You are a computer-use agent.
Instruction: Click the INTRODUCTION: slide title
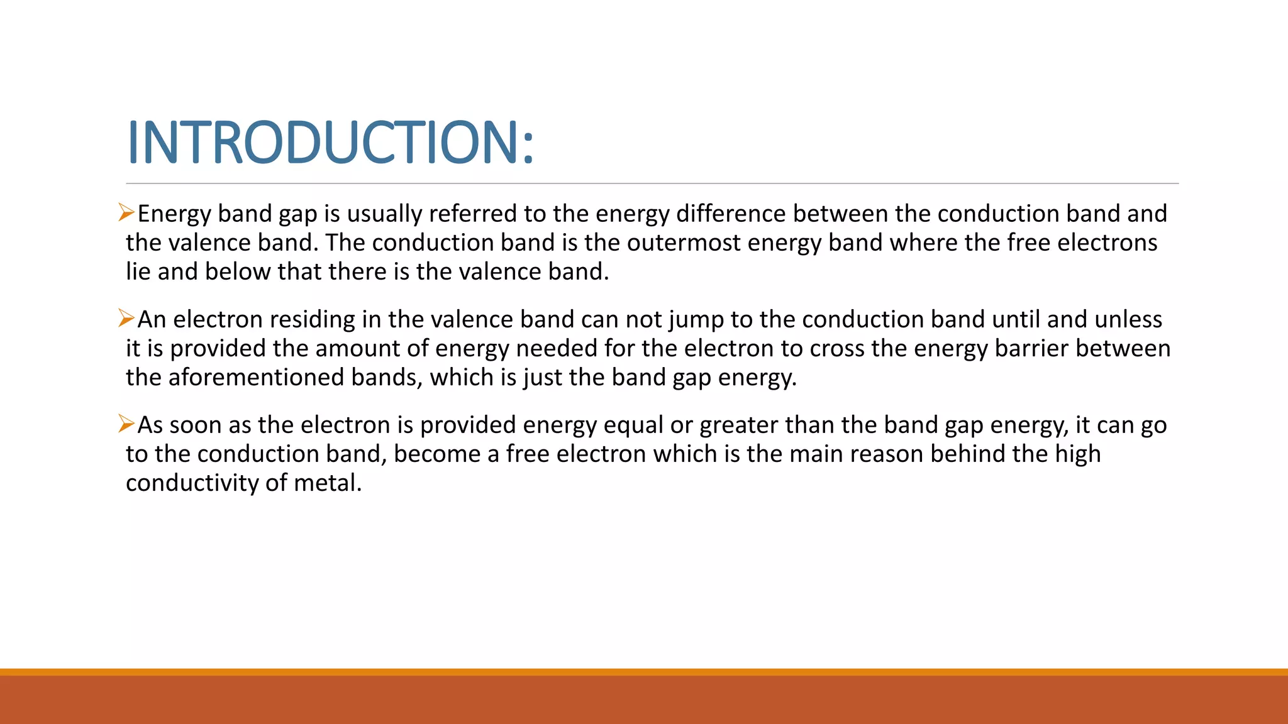pos(330,143)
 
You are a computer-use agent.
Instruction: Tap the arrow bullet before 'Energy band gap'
pos(126,213)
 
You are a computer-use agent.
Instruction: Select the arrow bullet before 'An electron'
pos(126,319)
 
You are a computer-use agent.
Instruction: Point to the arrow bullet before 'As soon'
pos(126,424)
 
